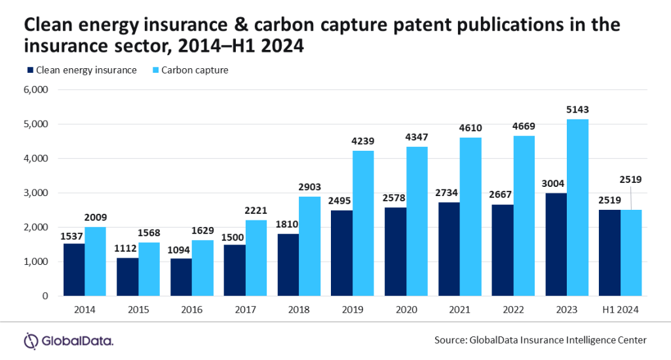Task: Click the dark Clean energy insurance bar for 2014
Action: tap(74, 270)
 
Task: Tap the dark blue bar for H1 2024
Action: tap(609, 252)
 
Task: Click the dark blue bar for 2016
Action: tap(182, 277)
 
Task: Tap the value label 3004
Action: tap(555, 184)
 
